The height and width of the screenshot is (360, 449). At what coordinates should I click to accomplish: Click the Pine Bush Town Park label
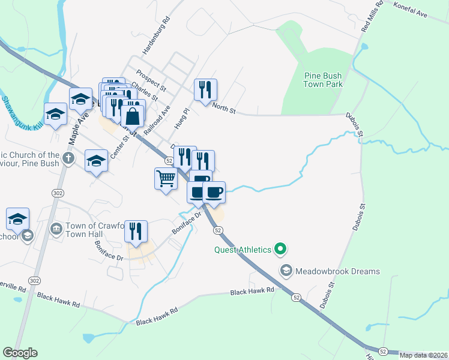(323, 80)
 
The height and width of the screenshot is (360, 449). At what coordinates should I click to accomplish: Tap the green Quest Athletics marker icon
(279, 247)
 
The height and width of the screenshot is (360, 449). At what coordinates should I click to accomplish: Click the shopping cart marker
(166, 178)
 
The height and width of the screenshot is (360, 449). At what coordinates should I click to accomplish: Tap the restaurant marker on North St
(205, 89)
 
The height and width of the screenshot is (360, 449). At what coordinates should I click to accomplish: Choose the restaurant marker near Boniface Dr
(136, 231)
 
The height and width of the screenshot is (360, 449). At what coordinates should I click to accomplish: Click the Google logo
(20, 353)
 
